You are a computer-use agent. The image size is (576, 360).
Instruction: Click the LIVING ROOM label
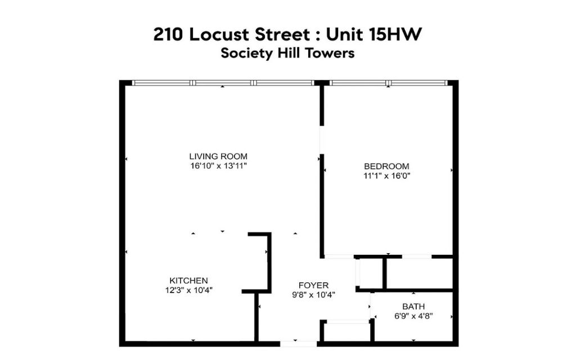tap(218, 156)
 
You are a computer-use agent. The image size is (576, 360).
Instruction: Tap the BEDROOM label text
tap(386, 166)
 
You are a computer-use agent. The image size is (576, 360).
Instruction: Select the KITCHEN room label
tap(189, 280)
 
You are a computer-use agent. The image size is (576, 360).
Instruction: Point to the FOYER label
tap(313, 285)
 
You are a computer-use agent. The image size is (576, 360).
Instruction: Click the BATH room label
tap(413, 307)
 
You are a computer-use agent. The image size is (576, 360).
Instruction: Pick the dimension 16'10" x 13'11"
tap(218, 166)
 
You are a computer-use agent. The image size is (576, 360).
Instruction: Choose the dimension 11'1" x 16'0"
tap(386, 175)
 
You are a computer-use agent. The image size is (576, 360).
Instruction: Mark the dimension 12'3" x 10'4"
tap(189, 290)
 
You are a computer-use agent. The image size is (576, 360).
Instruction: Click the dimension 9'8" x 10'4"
tap(313, 295)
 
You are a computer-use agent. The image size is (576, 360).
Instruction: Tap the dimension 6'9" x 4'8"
tap(413, 316)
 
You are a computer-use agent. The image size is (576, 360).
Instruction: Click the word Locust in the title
tap(219, 34)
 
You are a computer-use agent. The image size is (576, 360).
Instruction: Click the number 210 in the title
tap(168, 34)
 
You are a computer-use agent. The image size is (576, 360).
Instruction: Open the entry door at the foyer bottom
tap(298, 344)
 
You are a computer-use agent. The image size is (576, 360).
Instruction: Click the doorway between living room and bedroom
tap(322, 140)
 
